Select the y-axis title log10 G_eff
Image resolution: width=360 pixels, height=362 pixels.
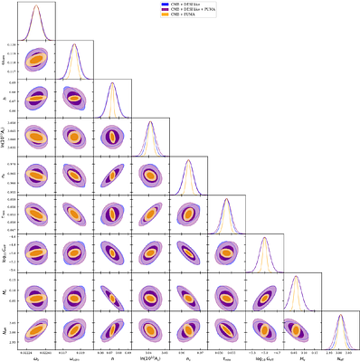[5, 251]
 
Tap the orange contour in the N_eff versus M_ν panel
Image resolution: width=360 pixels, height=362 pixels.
[299, 329]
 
